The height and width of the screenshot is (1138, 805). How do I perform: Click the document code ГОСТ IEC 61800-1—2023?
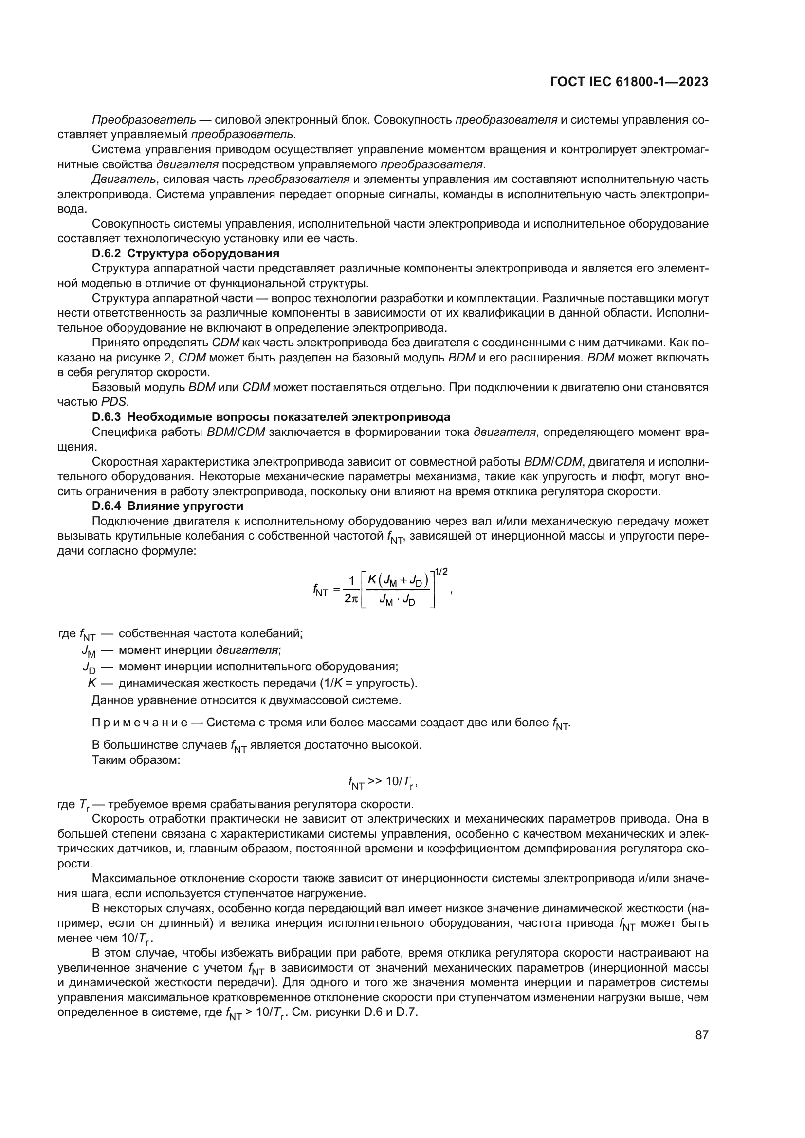click(629, 82)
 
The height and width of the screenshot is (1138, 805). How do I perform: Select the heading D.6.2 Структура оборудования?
click(185, 254)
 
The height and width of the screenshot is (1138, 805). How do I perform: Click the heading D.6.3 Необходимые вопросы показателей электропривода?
click(271, 417)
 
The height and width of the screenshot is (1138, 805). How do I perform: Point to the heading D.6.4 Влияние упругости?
click(167, 506)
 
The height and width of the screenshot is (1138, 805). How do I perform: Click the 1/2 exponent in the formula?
click(441, 572)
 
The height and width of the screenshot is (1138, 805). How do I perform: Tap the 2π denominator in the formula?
click(350, 599)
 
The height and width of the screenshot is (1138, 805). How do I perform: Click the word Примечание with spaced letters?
click(139, 723)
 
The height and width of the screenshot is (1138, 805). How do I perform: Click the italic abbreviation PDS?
click(114, 402)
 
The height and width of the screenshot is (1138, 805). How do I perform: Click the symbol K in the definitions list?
click(91, 683)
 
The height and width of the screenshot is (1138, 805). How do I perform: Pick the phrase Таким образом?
click(136, 759)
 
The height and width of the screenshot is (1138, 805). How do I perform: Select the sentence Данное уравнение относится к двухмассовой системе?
click(246, 700)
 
